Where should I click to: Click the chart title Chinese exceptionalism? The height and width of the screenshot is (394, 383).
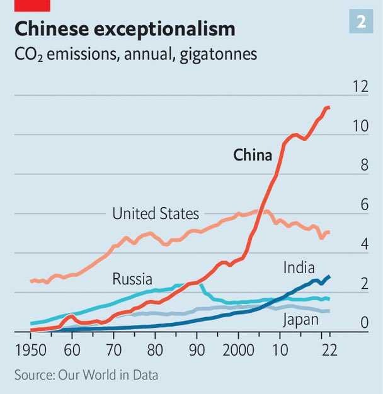tap(125, 29)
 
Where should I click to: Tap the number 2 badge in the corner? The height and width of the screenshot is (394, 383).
tap(362, 22)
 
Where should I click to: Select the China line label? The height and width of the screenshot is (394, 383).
tap(253, 155)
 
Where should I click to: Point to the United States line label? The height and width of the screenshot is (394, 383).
tap(156, 214)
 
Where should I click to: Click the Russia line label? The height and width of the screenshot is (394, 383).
tap(132, 279)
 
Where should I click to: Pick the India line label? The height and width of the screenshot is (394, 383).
tap(299, 269)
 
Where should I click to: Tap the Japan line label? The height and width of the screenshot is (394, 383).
tap(300, 320)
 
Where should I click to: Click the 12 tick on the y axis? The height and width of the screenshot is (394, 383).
tap(360, 87)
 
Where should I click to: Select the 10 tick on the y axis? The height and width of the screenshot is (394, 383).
tap(360, 127)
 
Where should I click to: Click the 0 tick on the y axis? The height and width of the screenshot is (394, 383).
tap(364, 324)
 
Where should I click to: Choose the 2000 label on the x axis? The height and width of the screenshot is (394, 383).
tap(238, 349)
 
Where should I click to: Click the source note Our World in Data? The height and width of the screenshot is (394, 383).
tap(86, 375)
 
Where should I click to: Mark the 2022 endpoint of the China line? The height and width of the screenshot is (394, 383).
tap(329, 108)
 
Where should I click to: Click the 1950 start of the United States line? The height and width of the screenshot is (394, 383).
tap(31, 281)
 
